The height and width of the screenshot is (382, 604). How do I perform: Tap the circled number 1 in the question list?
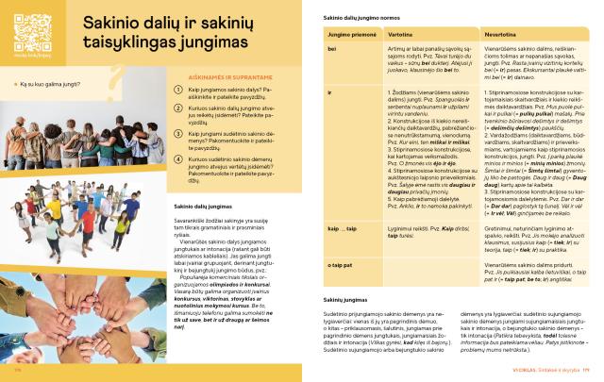pos(166,91)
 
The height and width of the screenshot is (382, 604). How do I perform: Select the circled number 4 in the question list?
pos(166,161)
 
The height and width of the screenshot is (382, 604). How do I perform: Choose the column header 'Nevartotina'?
pos(501,34)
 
